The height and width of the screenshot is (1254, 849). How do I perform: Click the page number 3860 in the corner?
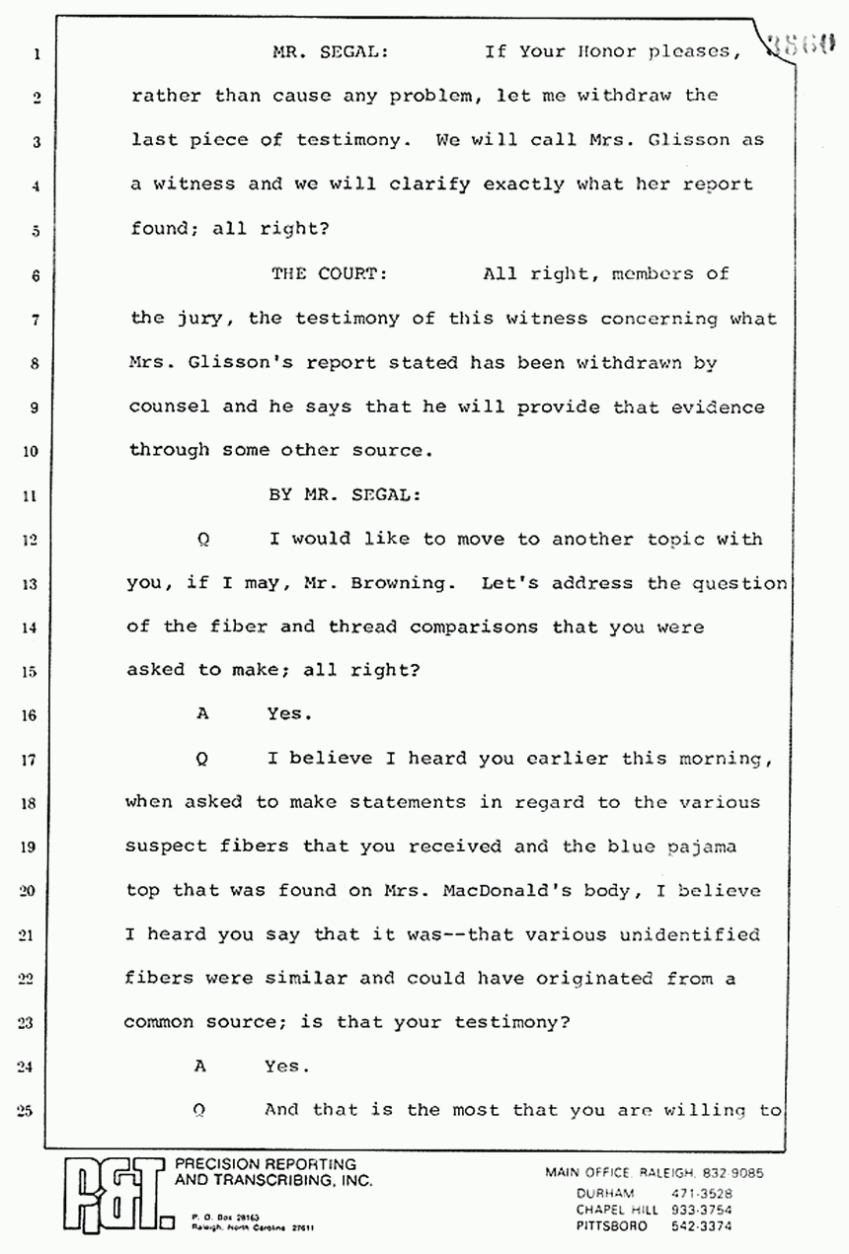(806, 42)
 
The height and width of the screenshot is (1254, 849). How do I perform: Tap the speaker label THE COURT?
(329, 274)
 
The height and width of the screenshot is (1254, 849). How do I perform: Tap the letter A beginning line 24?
(201, 1066)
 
